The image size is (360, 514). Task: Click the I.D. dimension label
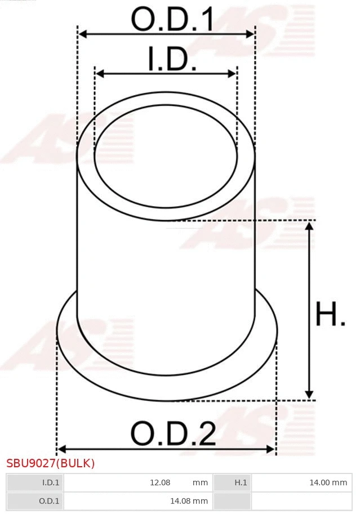[172, 60]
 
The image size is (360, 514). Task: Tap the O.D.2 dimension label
[173, 434]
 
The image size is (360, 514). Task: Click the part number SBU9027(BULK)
[50, 463]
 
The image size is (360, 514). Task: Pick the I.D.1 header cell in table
[35, 482]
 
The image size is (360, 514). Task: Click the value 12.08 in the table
[160, 482]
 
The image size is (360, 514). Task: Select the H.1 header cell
[232, 482]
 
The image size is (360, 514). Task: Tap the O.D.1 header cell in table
[35, 500]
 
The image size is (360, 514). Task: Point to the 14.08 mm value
[189, 500]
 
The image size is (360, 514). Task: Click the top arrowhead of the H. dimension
[309, 226]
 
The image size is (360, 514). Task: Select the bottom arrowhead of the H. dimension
[309, 395]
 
